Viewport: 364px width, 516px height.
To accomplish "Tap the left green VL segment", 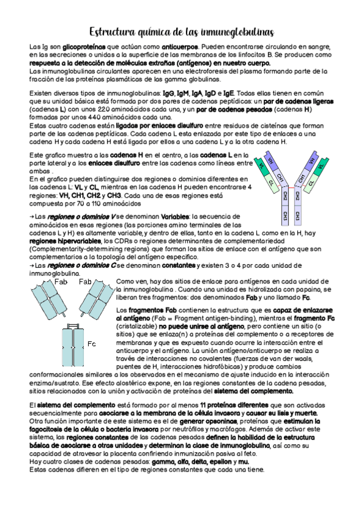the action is [x=263, y=167].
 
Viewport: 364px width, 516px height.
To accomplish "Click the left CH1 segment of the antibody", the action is [x=280, y=178].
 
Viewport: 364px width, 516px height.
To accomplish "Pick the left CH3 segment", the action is [x=285, y=216].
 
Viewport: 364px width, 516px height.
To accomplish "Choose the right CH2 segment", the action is [x=298, y=197].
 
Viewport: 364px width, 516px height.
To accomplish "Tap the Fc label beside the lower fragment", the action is [x=92, y=344].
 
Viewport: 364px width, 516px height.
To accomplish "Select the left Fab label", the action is [x=60, y=282].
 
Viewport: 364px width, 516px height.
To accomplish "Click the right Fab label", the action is [x=85, y=282].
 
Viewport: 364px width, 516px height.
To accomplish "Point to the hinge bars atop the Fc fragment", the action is [x=72, y=326].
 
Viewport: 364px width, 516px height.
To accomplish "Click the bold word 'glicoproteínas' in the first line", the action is [x=84, y=47].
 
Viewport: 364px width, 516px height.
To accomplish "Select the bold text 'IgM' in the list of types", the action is [x=184, y=93].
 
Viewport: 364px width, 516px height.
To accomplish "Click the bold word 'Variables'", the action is [x=175, y=217].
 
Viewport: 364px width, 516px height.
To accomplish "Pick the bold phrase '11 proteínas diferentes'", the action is [x=234, y=405].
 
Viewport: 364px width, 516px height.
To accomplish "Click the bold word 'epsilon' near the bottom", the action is [x=221, y=462].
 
